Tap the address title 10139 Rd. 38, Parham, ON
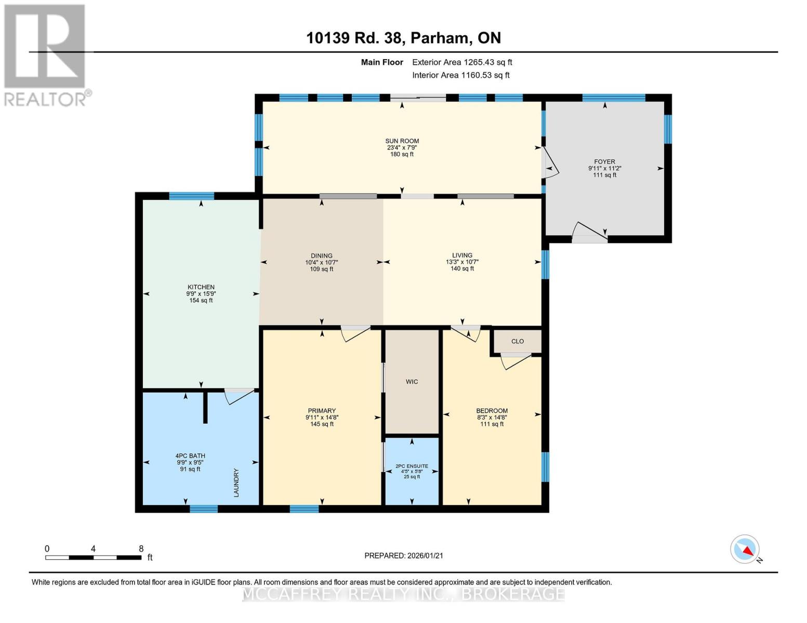pyautogui.click(x=403, y=38)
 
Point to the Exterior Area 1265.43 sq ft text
pyautogui.click(x=462, y=62)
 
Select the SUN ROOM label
pyautogui.click(x=402, y=141)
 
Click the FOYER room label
pyautogui.click(x=604, y=161)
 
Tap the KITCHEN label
pyautogui.click(x=201, y=287)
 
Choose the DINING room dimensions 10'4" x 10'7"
pyautogui.click(x=322, y=262)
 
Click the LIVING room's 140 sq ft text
pyautogui.click(x=462, y=269)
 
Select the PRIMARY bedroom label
pyautogui.click(x=322, y=411)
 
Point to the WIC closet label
pyautogui.click(x=412, y=382)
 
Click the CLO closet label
pyautogui.click(x=518, y=341)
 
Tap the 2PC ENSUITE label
pyautogui.click(x=412, y=466)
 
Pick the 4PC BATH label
pyautogui.click(x=190, y=456)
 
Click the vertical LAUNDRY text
pyautogui.click(x=236, y=483)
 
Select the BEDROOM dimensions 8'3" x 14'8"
pyautogui.click(x=492, y=417)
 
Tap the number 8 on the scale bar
pyautogui.click(x=141, y=549)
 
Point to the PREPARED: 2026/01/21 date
pyautogui.click(x=404, y=556)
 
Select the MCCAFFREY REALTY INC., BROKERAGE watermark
pyautogui.click(x=403, y=594)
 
